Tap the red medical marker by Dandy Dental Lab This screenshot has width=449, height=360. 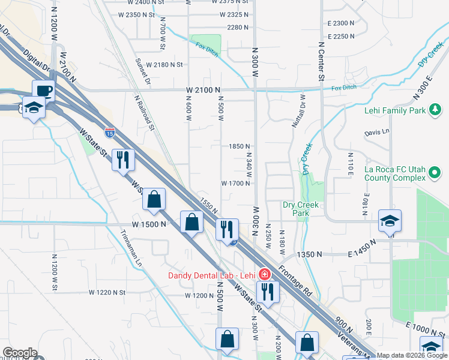point(264,274)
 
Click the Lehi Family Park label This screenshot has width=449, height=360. point(394,110)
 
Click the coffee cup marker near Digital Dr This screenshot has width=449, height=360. point(44,91)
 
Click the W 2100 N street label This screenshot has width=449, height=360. point(200,90)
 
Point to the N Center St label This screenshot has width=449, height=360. point(321,60)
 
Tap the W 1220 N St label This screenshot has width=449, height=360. point(107,293)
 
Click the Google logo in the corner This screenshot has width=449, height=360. point(20,353)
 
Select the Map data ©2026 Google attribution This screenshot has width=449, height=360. point(412,355)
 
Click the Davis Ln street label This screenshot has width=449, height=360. point(377,131)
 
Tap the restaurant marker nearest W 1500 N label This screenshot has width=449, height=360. point(228,229)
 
